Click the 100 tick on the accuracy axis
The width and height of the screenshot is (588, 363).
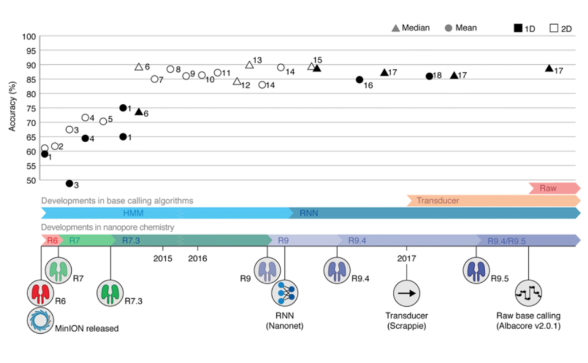(x=29, y=36)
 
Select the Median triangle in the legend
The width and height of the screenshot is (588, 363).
(x=396, y=28)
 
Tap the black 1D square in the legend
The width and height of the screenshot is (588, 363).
(x=517, y=28)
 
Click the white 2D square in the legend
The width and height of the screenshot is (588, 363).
(x=554, y=28)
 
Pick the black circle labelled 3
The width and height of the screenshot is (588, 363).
(x=69, y=184)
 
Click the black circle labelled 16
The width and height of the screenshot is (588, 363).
(x=359, y=80)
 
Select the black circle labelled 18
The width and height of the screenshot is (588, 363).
(x=429, y=76)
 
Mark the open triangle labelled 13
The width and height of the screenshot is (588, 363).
(x=249, y=65)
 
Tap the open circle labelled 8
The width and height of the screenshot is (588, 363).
(x=170, y=69)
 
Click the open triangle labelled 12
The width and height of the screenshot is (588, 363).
(x=237, y=81)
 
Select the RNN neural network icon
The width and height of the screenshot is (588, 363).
(x=284, y=293)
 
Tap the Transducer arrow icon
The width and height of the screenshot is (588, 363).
(x=407, y=293)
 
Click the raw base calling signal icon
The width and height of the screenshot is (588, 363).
(x=528, y=293)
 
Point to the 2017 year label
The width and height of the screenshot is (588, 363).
(x=406, y=258)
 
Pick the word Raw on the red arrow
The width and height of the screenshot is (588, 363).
(x=548, y=188)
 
